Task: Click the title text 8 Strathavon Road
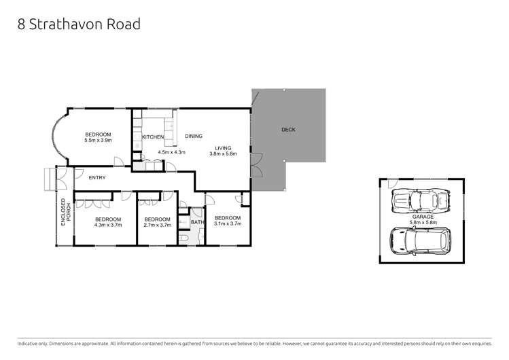[x=79, y=24]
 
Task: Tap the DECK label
[x=288, y=130]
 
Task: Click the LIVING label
[x=223, y=147]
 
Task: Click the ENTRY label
[x=98, y=178]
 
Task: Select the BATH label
[x=197, y=222]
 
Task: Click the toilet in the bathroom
[x=184, y=238]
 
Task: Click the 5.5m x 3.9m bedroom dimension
[x=98, y=141]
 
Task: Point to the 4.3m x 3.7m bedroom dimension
[x=108, y=226]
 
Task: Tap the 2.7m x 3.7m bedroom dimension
[x=157, y=226]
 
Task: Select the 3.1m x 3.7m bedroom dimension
[x=227, y=223]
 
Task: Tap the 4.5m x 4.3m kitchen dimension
[x=171, y=152]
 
